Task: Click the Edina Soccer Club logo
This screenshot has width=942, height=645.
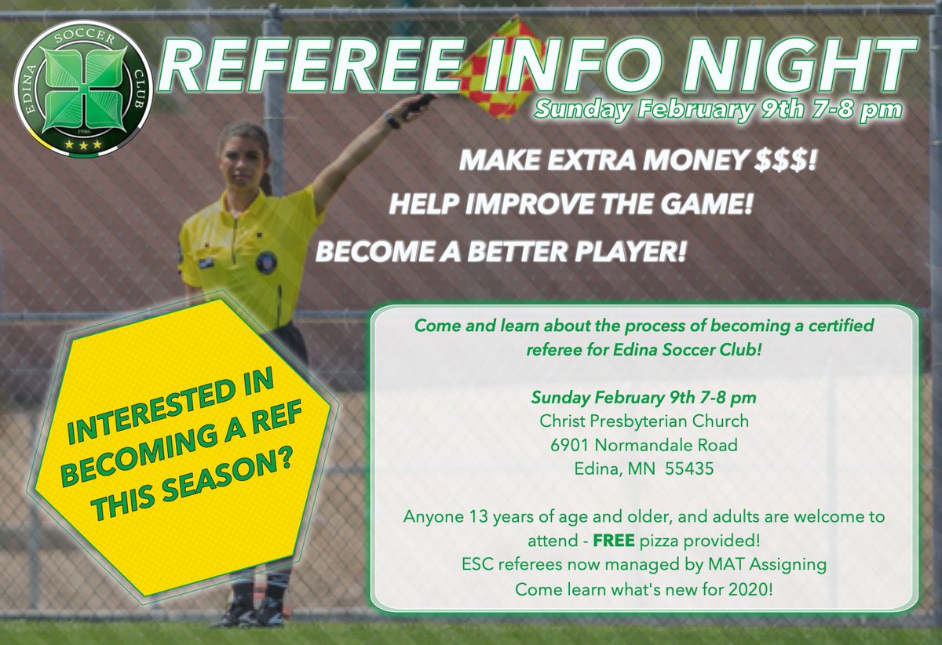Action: tap(84, 86)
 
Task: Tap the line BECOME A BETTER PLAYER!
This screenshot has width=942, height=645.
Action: tap(501, 252)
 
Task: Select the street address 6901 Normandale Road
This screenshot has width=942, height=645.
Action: tap(643, 445)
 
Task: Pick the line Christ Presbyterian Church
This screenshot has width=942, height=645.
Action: tap(643, 421)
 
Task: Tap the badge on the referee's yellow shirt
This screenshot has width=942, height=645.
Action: tap(267, 261)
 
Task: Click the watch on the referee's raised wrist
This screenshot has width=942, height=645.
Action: tap(391, 119)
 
